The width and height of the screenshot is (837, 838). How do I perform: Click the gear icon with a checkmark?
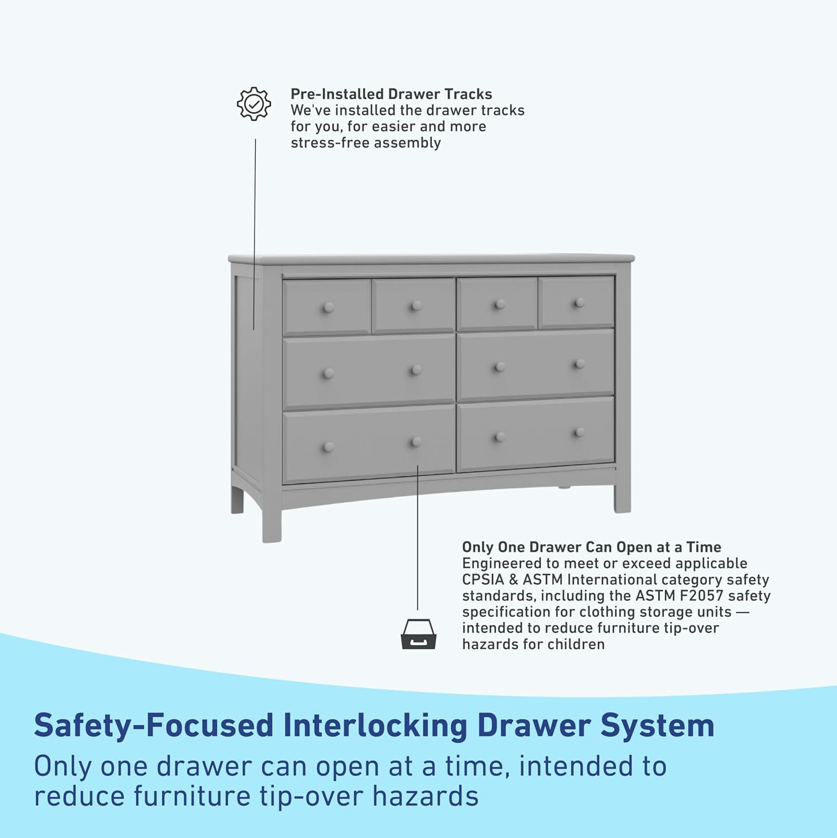254,103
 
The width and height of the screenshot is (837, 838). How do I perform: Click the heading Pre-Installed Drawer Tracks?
391,94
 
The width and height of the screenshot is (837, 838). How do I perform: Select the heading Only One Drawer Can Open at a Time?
591,547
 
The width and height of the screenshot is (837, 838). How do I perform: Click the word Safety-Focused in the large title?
154,726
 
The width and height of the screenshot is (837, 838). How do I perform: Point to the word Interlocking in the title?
375,726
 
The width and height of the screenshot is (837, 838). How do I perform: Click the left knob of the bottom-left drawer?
328,447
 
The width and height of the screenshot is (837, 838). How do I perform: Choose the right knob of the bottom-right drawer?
580,433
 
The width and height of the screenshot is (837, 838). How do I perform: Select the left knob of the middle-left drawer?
328,373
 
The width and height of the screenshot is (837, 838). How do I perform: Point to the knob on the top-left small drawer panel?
328,308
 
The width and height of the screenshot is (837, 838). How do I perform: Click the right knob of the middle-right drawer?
580,365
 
